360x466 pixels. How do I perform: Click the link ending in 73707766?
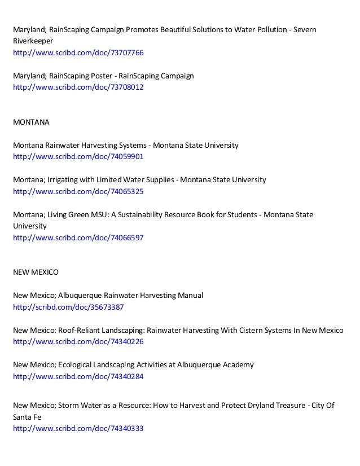pos(78,53)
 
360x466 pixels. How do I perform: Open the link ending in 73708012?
pos(78,88)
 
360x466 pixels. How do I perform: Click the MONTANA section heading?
pos(32,122)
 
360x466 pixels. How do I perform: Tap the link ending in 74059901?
pos(78,157)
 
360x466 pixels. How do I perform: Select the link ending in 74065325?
pos(78,192)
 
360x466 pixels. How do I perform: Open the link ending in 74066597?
pos(78,238)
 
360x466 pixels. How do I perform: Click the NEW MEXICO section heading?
pos(36,272)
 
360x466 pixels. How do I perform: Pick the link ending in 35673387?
pos(68,307)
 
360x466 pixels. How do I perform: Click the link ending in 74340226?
pos(78,342)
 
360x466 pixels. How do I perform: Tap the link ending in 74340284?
pos(78,377)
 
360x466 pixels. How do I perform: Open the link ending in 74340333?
pos(78,428)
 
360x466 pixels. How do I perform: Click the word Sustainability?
pos(137,214)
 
